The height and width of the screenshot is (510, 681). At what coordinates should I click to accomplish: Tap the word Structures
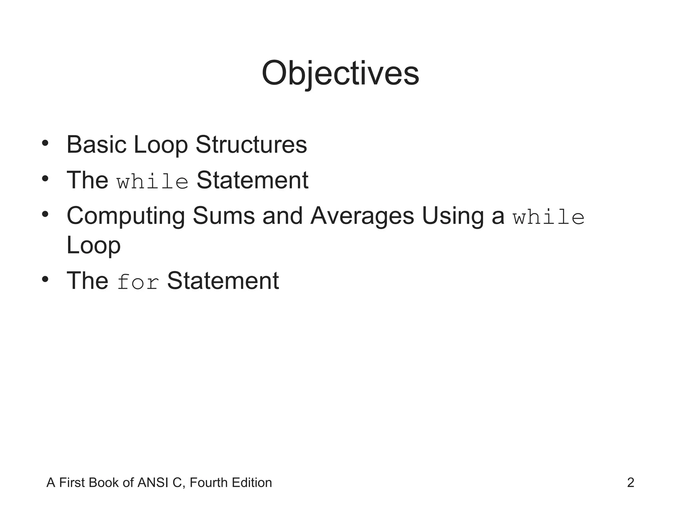click(251, 145)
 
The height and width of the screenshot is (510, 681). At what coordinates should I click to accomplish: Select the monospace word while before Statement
click(153, 181)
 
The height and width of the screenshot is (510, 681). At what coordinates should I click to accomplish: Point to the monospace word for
click(138, 282)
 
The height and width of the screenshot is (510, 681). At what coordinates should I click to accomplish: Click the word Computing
click(126, 216)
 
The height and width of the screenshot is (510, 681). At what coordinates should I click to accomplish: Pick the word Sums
click(223, 216)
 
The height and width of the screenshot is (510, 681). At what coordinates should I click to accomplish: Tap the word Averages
click(362, 216)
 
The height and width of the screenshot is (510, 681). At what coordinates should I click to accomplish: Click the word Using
click(453, 216)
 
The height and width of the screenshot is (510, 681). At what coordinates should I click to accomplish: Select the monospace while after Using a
click(549, 217)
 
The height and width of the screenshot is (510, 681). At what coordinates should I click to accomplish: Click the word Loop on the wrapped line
click(93, 246)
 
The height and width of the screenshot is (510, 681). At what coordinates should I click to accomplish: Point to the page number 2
click(630, 482)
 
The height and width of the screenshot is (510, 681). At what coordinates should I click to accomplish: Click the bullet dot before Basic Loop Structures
click(45, 143)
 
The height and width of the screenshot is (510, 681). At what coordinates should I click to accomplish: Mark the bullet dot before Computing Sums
click(45, 214)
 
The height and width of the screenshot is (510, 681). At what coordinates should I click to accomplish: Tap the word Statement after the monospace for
click(223, 281)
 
